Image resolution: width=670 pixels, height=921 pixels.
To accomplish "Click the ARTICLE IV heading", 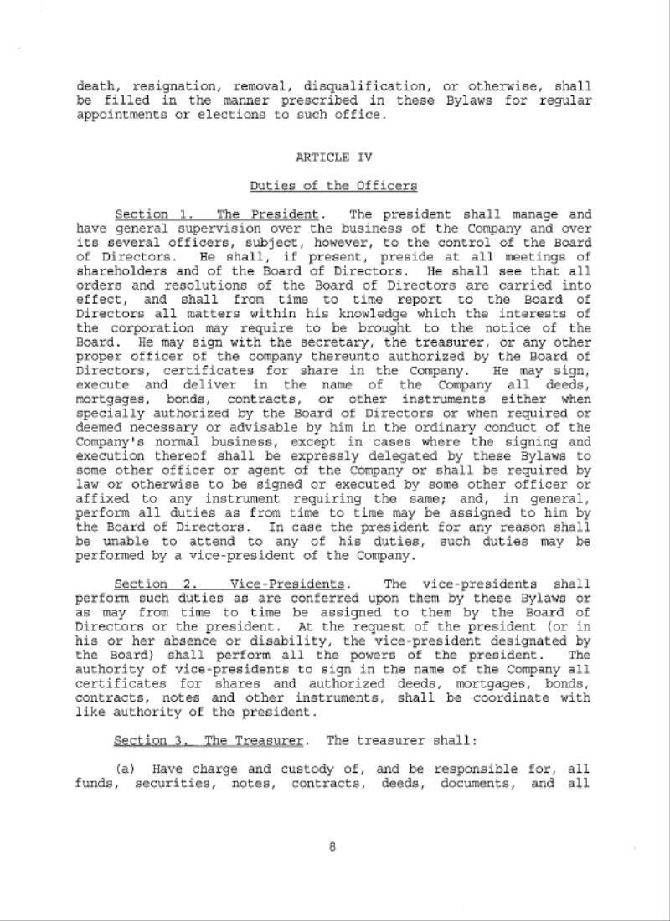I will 333,157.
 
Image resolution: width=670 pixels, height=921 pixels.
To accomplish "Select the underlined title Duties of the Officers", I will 333,185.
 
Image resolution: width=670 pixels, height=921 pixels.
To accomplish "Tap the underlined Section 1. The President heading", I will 216,214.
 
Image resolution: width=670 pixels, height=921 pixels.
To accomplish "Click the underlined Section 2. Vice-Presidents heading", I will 229,584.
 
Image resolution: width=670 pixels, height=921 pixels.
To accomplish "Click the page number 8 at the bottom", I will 332,846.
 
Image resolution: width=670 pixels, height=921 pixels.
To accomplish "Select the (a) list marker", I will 124,769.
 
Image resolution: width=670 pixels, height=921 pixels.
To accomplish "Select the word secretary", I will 312,342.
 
